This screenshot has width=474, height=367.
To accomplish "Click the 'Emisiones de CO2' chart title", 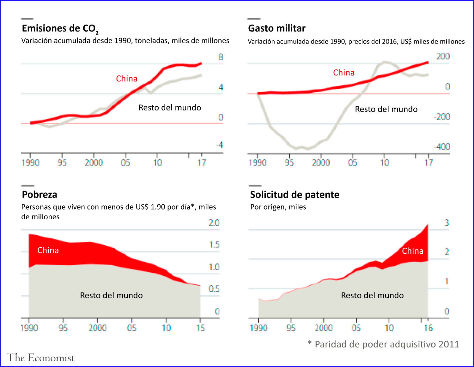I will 60,29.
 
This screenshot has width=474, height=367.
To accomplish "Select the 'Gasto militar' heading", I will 277,28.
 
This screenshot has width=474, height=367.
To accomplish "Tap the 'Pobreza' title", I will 39,195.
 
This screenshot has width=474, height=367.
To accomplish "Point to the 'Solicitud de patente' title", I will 295,195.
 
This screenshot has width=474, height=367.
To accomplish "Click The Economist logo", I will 40,358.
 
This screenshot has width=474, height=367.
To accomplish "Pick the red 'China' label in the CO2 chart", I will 127,79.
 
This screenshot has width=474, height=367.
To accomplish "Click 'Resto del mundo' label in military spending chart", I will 386,109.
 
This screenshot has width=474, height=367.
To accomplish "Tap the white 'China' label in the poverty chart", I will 48,250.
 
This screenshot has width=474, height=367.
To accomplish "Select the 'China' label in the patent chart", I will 412,251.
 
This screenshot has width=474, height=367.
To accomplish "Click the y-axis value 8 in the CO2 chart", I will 221,57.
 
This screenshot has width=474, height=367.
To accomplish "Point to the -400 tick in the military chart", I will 442,146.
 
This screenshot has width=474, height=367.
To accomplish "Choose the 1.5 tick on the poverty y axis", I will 214,245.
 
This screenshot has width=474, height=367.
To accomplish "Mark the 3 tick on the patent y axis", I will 447,222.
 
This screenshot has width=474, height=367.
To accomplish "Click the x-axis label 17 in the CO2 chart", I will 202,163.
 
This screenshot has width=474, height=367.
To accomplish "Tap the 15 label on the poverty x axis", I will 200,328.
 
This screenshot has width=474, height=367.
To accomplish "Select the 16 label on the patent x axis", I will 428,328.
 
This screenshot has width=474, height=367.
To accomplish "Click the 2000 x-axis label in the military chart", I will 321,163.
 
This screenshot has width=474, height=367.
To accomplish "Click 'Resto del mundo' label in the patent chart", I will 372,295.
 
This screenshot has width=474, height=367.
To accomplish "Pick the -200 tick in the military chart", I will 442,116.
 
